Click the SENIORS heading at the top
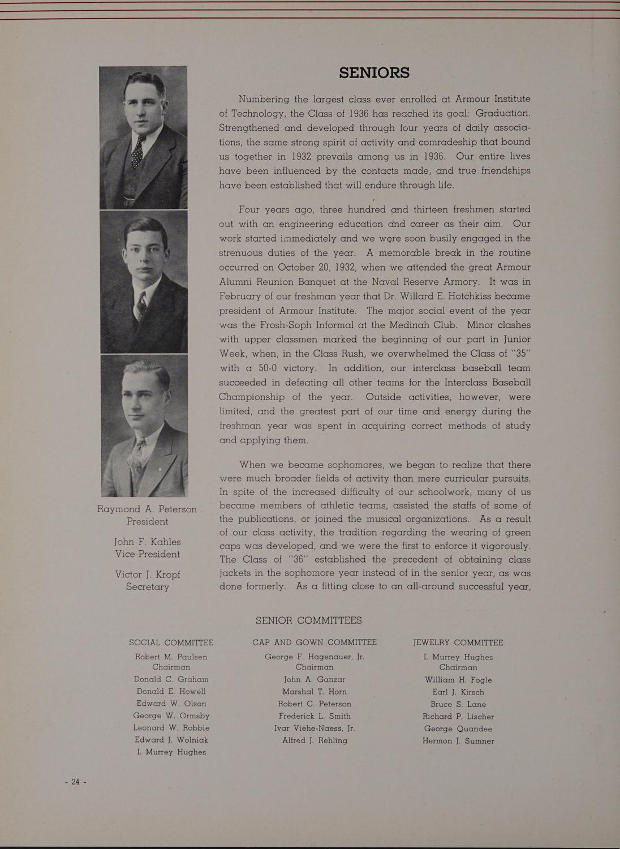tap(374, 73)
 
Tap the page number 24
tap(75, 782)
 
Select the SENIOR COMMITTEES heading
tap(308, 621)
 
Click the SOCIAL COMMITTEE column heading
tap(171, 642)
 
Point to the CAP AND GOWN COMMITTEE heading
tap(315, 642)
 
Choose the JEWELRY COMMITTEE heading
tap(458, 642)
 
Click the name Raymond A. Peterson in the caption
tap(147, 509)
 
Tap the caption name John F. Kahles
tap(147, 542)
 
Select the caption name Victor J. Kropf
tap(147, 574)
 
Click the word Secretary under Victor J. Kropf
tap(147, 587)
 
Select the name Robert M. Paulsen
tap(171, 657)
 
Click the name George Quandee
tap(458, 728)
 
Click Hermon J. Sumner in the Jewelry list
tap(458, 741)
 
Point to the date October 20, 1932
tap(306, 267)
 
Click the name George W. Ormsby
tap(171, 715)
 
